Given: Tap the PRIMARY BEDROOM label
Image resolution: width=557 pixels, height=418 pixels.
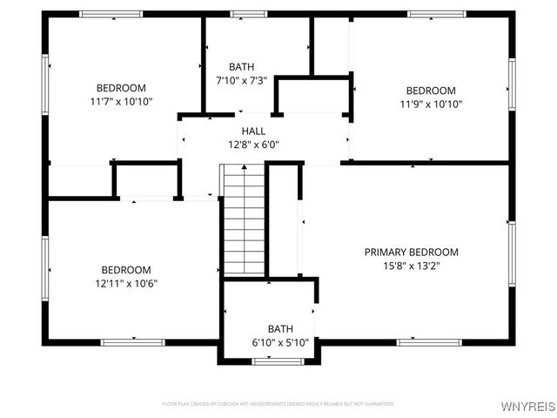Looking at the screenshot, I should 411,253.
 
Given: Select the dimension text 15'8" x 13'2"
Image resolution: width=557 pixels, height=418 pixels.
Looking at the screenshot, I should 411,266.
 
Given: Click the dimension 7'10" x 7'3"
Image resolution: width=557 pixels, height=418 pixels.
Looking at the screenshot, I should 241,80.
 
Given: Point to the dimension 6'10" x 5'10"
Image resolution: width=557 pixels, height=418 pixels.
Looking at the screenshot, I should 279,342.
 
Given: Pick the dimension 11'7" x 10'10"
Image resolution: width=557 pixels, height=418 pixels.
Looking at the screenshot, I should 121,102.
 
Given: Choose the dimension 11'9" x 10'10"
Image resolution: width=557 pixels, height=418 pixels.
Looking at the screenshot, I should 431,104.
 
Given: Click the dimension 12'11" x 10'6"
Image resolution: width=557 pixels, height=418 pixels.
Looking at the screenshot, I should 126,283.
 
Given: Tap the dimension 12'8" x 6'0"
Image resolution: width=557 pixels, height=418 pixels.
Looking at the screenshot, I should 253,145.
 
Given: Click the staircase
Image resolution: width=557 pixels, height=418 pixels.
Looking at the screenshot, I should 244,221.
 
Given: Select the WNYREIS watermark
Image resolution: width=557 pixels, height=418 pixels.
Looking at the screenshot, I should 527,406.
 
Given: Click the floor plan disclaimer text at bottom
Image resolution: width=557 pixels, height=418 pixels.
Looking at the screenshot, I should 278,404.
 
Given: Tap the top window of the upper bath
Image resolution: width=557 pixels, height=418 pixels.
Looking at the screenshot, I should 248,14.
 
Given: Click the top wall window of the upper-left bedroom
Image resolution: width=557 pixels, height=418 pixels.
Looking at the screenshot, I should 111,14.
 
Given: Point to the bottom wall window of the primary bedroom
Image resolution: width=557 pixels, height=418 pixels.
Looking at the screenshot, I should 417,341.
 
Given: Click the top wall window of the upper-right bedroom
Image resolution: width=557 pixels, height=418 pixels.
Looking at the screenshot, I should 436,14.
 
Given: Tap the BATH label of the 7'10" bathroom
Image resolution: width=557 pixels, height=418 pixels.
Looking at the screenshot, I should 241,67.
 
